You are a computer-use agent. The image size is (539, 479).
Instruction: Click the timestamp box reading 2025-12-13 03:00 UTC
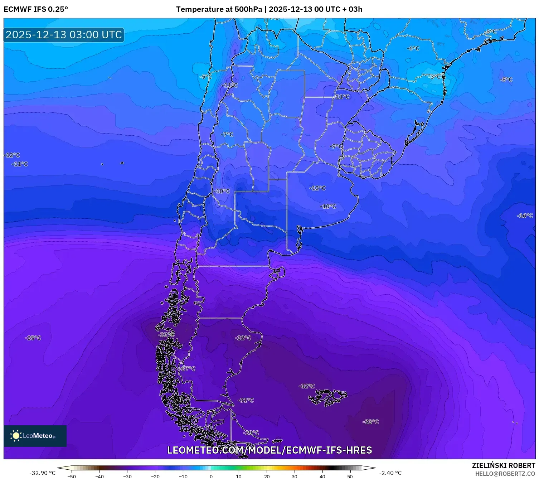click(x=64, y=35)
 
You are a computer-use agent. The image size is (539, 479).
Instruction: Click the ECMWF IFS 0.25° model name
click(x=36, y=9)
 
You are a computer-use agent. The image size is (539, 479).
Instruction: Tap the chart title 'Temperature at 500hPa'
click(x=219, y=9)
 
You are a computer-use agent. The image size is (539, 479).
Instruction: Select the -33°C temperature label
click(x=370, y=422)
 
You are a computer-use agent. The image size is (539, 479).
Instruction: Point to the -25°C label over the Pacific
click(x=33, y=338)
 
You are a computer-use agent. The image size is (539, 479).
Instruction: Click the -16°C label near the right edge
click(x=525, y=216)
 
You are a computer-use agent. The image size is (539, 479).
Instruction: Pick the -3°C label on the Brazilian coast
click(x=435, y=77)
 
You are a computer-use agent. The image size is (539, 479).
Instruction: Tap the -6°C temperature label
click(x=413, y=48)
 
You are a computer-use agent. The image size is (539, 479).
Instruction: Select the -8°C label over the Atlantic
click(x=506, y=79)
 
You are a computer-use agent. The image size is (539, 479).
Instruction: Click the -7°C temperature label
click(x=227, y=135)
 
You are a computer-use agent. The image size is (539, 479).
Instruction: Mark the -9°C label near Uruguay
click(x=336, y=146)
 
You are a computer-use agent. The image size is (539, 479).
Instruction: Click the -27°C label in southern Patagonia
click(x=188, y=369)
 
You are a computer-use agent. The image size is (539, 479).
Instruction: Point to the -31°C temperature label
click(x=246, y=400)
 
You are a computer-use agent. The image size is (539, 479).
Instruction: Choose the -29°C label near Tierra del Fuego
click(x=251, y=432)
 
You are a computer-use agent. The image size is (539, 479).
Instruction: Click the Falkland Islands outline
click(x=327, y=397)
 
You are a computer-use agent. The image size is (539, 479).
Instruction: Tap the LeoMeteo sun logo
click(x=16, y=436)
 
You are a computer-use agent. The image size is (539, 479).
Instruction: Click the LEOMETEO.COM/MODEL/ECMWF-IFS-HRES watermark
click(x=269, y=450)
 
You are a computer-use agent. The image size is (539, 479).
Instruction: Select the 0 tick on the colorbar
click(x=211, y=476)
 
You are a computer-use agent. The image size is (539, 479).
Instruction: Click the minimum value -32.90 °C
click(x=42, y=473)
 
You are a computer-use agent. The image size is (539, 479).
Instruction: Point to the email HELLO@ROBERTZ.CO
click(x=505, y=474)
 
